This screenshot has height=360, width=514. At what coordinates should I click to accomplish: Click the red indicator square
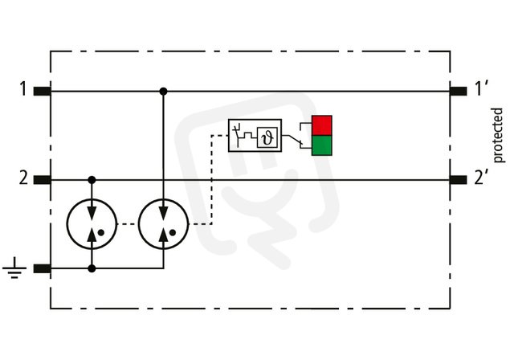(x=321, y=125)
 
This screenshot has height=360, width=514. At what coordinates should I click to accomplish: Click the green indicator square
(x=321, y=145)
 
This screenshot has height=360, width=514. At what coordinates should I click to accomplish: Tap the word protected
(x=498, y=135)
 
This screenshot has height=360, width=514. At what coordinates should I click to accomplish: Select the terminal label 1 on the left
(x=22, y=89)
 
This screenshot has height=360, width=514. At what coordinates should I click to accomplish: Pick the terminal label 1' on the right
(x=481, y=88)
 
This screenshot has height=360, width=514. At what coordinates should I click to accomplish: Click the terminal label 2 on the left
(x=23, y=178)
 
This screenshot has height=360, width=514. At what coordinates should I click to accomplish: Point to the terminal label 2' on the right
(x=481, y=178)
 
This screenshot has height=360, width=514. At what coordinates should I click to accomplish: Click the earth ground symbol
(x=14, y=268)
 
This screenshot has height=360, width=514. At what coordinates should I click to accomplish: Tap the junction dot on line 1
(x=163, y=92)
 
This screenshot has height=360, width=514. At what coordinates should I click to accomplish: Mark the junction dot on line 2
(x=92, y=180)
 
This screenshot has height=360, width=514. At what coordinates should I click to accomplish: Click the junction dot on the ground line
(x=92, y=269)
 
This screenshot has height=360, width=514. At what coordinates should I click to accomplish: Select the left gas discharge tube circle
(x=67, y=224)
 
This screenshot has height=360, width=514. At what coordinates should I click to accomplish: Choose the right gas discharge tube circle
(x=138, y=224)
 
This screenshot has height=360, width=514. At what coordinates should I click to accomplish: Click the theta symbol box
(x=267, y=137)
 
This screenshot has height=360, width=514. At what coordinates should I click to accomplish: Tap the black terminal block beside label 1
(x=43, y=91)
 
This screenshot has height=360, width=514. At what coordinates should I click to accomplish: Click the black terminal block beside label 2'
(x=458, y=180)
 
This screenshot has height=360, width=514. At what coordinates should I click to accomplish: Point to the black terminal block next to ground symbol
(x=43, y=269)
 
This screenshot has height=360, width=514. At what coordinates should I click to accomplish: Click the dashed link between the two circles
(x=127, y=224)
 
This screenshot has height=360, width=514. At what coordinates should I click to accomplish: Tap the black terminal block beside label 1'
(x=458, y=91)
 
